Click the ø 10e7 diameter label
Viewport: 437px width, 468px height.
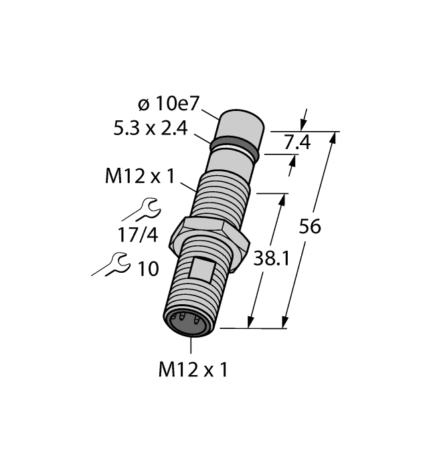169,105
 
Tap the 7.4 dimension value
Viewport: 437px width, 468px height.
296,142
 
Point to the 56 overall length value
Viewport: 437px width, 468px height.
309,227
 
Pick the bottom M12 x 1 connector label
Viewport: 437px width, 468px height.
192,369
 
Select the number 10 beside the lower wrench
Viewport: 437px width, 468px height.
148,269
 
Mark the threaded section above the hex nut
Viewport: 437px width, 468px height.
223,194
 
